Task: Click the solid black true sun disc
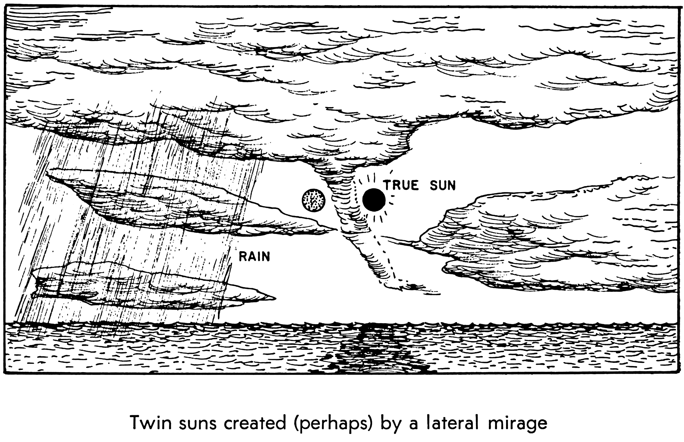(374, 200)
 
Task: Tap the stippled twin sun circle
(313, 200)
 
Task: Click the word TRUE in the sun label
(400, 186)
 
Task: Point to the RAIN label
(254, 256)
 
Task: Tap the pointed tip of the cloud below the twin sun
(337, 229)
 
